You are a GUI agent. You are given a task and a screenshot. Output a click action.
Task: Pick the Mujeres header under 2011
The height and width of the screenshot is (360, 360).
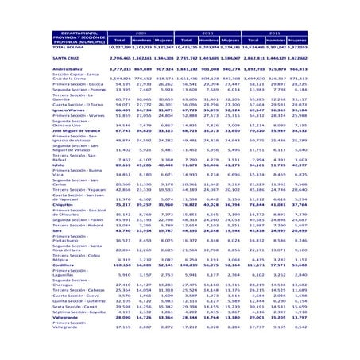point(296,39)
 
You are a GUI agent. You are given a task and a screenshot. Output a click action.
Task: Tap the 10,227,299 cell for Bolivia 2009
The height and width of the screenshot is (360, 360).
point(119,48)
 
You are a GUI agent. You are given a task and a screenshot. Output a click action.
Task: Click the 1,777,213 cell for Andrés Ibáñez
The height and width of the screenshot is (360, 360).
point(119,71)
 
